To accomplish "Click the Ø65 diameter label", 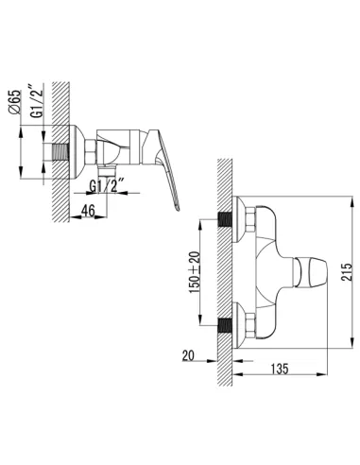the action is point(16,101).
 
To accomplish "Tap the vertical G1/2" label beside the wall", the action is point(37,101).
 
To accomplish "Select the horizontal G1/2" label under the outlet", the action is point(108,186).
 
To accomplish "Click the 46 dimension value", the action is point(88,211).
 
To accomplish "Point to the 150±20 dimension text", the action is point(195,272).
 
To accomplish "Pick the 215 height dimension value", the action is point(346,273).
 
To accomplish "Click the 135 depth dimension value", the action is point(280,369).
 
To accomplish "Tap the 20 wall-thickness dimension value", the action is point(188,355).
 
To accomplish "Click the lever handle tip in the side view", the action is point(178,208).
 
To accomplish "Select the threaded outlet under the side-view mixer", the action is point(107,171).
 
